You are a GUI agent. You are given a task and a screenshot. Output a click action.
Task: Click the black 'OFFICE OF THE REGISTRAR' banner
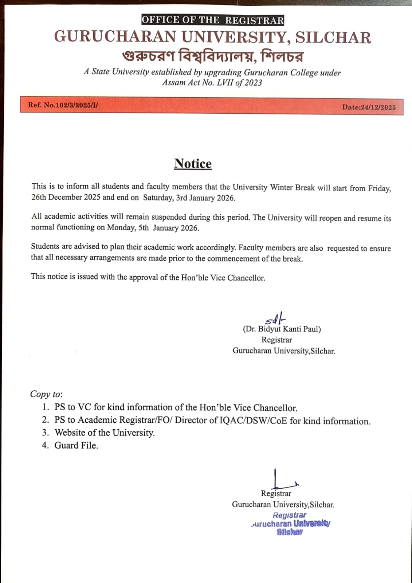[x=213, y=20]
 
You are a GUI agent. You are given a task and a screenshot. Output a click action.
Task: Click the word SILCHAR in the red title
[x=333, y=38]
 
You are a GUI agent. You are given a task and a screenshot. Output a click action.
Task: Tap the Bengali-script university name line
[x=213, y=56]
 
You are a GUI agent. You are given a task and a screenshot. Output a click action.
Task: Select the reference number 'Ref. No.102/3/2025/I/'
[x=63, y=105]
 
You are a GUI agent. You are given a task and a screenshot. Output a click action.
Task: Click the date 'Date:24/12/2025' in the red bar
[x=369, y=107]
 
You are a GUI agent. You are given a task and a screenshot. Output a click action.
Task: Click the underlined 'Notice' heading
[x=193, y=164]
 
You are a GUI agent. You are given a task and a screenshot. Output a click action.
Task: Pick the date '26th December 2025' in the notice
[x=66, y=197]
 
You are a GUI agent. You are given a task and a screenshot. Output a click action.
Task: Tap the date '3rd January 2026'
[x=205, y=198]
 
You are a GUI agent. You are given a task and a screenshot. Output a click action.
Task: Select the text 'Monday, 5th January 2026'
[x=153, y=228]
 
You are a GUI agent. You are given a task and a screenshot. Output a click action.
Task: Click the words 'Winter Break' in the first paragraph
[x=292, y=187]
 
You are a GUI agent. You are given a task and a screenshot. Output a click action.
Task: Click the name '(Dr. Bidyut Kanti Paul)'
[x=282, y=329]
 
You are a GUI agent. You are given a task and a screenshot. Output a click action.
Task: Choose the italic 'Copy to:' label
[x=46, y=394]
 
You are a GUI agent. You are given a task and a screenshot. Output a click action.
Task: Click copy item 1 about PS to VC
[x=176, y=407]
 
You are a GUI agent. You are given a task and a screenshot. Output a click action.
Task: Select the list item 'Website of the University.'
[x=105, y=433]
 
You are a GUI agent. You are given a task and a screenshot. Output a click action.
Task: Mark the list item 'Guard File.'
[x=76, y=445]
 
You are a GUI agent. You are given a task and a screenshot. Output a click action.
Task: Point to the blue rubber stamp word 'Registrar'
[x=289, y=515]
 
